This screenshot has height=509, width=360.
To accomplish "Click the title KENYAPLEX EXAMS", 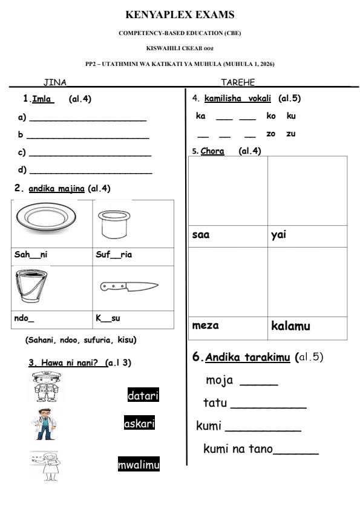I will coord(180,15).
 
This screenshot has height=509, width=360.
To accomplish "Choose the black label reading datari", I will coord(143,396).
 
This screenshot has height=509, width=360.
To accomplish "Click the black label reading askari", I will coord(139,424).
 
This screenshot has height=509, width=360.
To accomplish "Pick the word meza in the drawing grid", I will coord(205,326).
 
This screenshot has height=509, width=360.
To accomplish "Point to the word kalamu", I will coord(290,326).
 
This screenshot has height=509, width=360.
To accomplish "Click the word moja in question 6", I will coord(220,381).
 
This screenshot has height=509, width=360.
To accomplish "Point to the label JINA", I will coord(54,82).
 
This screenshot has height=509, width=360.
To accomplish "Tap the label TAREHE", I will coord(238,82).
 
